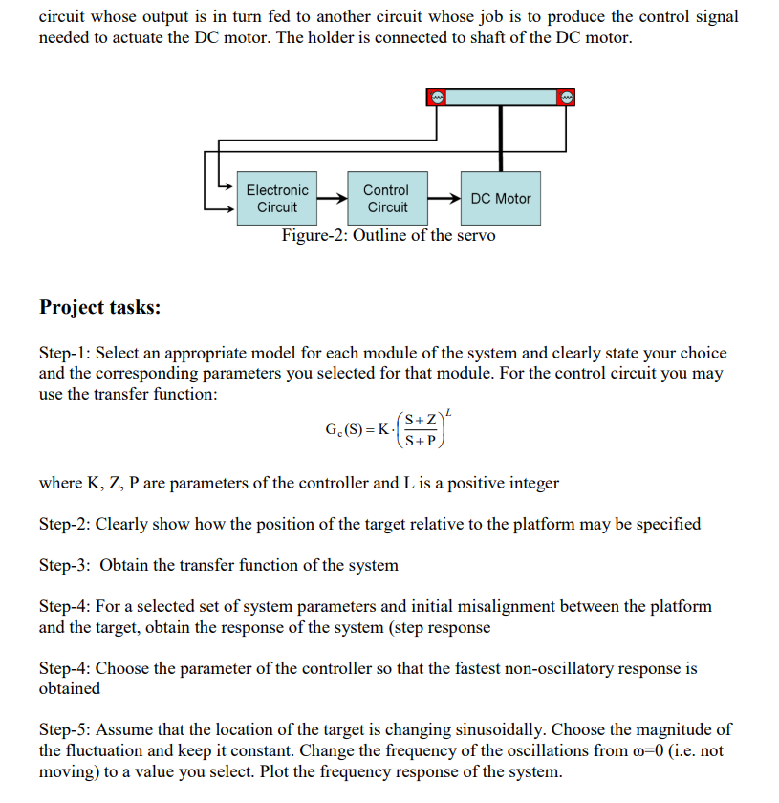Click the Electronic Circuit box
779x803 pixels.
pyautogui.click(x=277, y=199)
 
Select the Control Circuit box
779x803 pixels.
pyautogui.click(x=386, y=199)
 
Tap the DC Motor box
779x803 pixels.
pyautogui.click(x=500, y=199)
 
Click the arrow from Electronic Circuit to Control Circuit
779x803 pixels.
pyautogui.click(x=332, y=199)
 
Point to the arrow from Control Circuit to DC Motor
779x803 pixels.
pyautogui.click(x=445, y=199)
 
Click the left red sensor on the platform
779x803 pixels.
pyautogui.click(x=436, y=97)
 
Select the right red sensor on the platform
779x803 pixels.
pyautogui.click(x=567, y=97)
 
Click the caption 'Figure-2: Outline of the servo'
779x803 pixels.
pyautogui.click(x=388, y=236)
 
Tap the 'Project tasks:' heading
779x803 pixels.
pyautogui.click(x=100, y=307)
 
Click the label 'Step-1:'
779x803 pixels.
pyautogui.click(x=64, y=353)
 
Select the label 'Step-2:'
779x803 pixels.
pyautogui.click(x=64, y=524)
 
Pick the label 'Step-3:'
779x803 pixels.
pyautogui.click(x=64, y=565)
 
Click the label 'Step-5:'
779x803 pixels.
pyautogui.click(x=64, y=729)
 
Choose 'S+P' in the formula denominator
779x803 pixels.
pyautogui.click(x=421, y=441)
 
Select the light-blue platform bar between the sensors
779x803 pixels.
pyautogui.click(x=501, y=97)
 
